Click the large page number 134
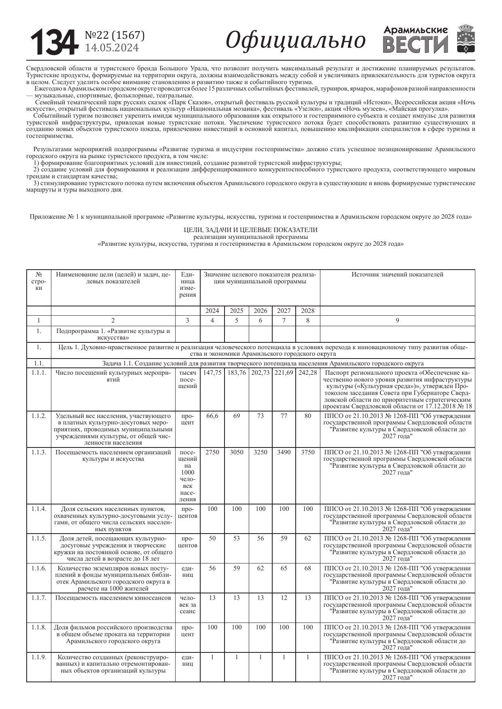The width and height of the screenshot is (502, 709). pos(54,42)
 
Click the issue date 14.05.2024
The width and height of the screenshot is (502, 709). pos(112,48)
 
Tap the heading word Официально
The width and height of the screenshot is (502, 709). pos(295,40)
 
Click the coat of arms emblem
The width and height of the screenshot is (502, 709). pos(465,39)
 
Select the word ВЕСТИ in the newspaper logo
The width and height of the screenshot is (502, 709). pos(415,44)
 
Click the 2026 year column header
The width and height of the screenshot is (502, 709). pos(261,311)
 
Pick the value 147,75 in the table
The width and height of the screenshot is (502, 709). pos(212,373)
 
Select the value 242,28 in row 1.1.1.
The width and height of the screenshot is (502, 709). pos(308,373)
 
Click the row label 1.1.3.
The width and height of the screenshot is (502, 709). pos(39,452)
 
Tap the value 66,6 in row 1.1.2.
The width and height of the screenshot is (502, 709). pos(212,416)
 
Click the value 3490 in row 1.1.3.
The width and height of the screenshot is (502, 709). pos(284,452)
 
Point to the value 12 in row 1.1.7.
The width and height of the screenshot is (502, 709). pos(284,598)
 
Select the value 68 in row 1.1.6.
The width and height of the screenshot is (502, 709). pos(308,568)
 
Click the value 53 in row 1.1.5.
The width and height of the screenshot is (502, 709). pos(237,538)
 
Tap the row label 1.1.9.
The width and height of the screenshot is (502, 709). pos(39,657)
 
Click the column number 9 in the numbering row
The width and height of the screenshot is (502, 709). pos(397,321)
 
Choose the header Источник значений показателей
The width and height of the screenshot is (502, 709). pos(397,275)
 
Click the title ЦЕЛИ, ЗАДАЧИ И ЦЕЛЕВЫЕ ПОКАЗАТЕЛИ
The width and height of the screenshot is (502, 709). pos(250,230)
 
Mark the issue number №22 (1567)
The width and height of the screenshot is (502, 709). pos(114,36)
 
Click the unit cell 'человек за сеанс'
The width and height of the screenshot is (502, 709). pos(188,605)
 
